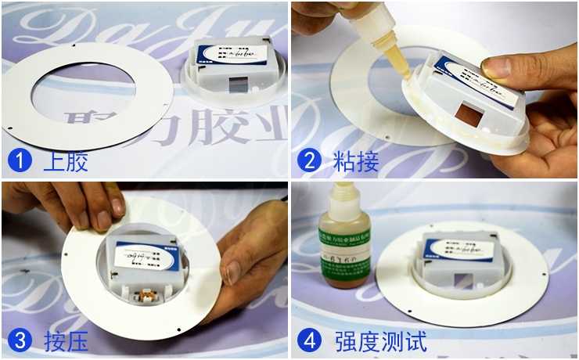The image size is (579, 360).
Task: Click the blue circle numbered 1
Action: (x=19, y=161)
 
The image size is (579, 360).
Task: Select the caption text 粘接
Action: (x=356, y=162)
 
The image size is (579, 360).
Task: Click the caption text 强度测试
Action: (x=379, y=341)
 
